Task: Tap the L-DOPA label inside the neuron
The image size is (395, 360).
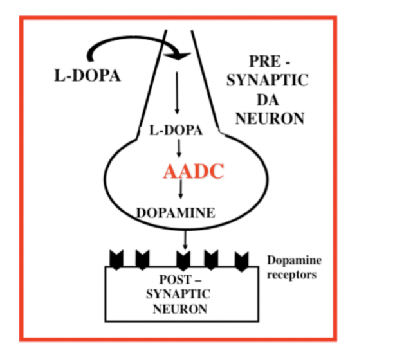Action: tap(176, 130)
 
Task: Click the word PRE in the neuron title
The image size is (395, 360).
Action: tap(261, 62)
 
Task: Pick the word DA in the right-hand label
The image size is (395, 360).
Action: tap(271, 100)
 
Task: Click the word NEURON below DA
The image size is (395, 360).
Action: tap(271, 118)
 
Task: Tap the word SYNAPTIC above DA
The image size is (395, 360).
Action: tap(271, 82)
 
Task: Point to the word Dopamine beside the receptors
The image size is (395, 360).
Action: tap(293, 260)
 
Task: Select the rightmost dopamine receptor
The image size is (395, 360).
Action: tap(241, 260)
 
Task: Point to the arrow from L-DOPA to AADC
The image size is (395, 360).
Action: tap(179, 147)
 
